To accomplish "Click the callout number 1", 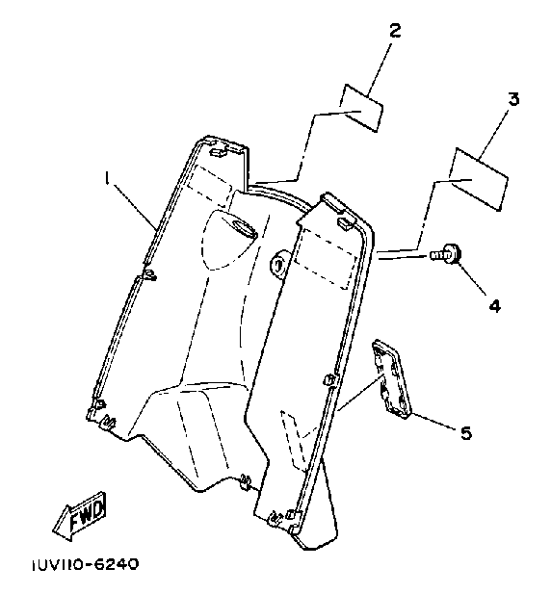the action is tap(108, 177).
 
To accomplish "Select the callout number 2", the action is tap(395, 31).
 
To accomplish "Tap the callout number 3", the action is tap(513, 99).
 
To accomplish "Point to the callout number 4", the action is tap(494, 305).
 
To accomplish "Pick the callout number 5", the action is tap(466, 432).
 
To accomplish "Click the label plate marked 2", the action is tap(361, 108).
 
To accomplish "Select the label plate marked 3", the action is tap(478, 179).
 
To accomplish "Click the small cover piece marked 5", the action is tap(391, 378).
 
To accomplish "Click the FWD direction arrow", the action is tap(80, 516).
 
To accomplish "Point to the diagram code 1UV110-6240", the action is tap(85, 564).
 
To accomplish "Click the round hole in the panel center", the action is tap(277, 263).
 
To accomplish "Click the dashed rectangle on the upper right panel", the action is tap(326, 258).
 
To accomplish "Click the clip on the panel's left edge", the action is tap(149, 275).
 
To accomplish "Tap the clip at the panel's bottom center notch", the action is tap(246, 482).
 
